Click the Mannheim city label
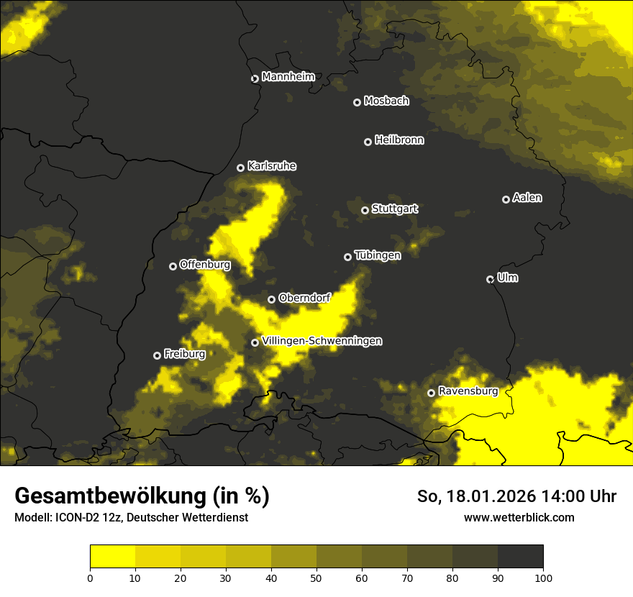point(288,77)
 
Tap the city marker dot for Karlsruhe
point(241,168)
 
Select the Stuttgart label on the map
point(394,209)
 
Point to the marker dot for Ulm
point(490,279)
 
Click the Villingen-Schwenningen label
point(322,341)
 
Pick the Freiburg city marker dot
point(157,355)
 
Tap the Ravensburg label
point(468,391)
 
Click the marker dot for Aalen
point(506,199)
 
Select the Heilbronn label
point(399,140)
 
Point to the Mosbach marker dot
point(357,102)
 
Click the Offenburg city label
point(205,265)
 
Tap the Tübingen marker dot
point(348,257)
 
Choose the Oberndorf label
point(304,298)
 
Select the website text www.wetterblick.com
point(519,517)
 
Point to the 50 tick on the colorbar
point(316,577)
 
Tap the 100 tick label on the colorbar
point(543,577)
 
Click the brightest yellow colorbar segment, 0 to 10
point(112,557)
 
